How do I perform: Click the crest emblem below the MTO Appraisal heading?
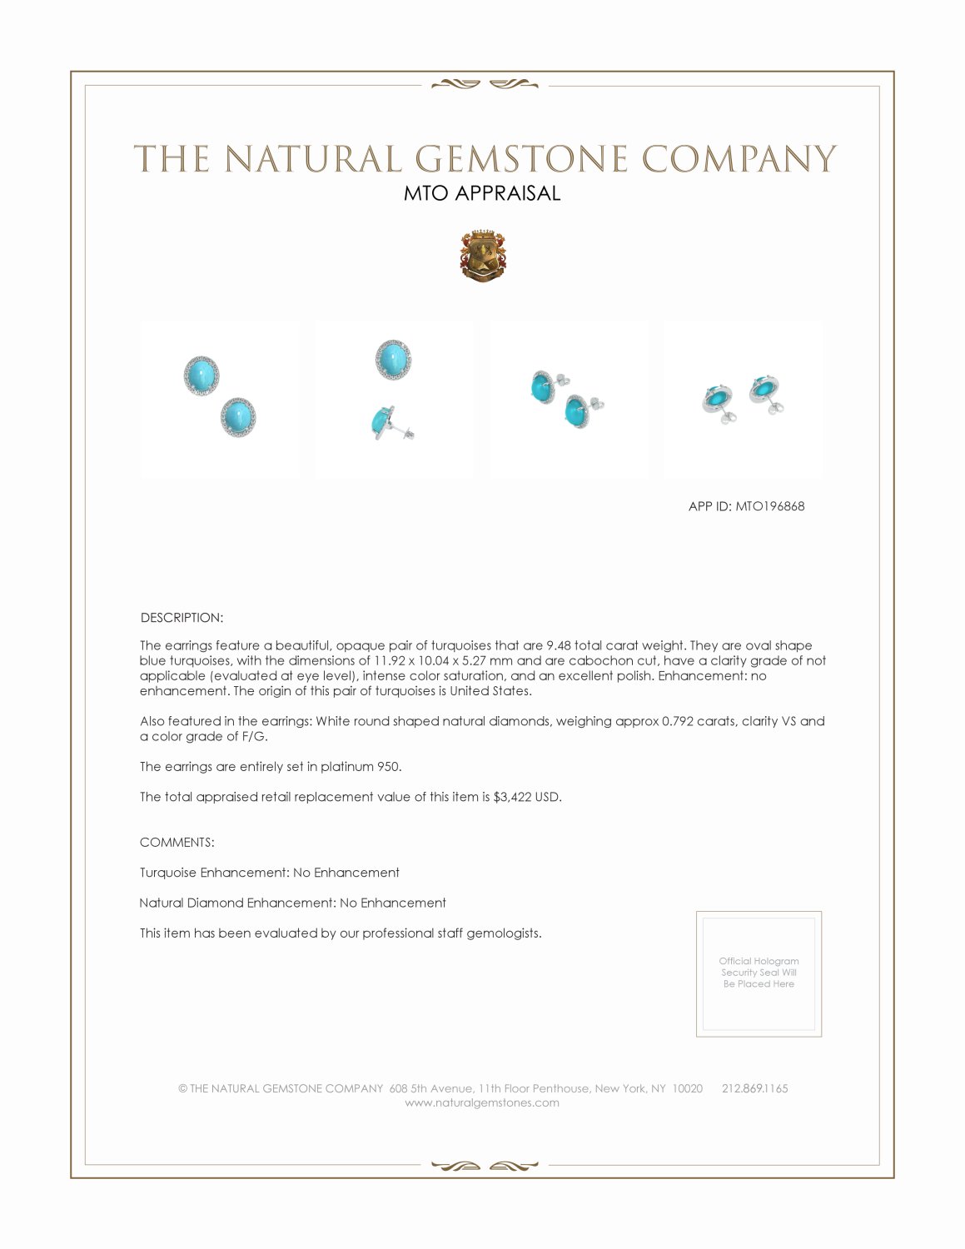pos(483,256)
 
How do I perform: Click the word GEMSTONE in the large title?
pos(521,159)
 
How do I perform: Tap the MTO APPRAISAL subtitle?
pos(482,193)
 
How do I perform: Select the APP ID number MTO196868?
pos(769,506)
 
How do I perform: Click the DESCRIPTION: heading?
pos(182,618)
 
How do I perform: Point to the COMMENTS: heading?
pos(177,843)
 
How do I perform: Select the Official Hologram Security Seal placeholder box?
pos(759,973)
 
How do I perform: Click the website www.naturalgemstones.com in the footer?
pos(482,1103)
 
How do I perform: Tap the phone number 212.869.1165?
pos(754,1088)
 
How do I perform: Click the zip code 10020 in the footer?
pos(687,1088)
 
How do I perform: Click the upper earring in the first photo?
pos(201,376)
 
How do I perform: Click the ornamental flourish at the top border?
pos(484,84)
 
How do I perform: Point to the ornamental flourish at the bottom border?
pos(484,1166)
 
